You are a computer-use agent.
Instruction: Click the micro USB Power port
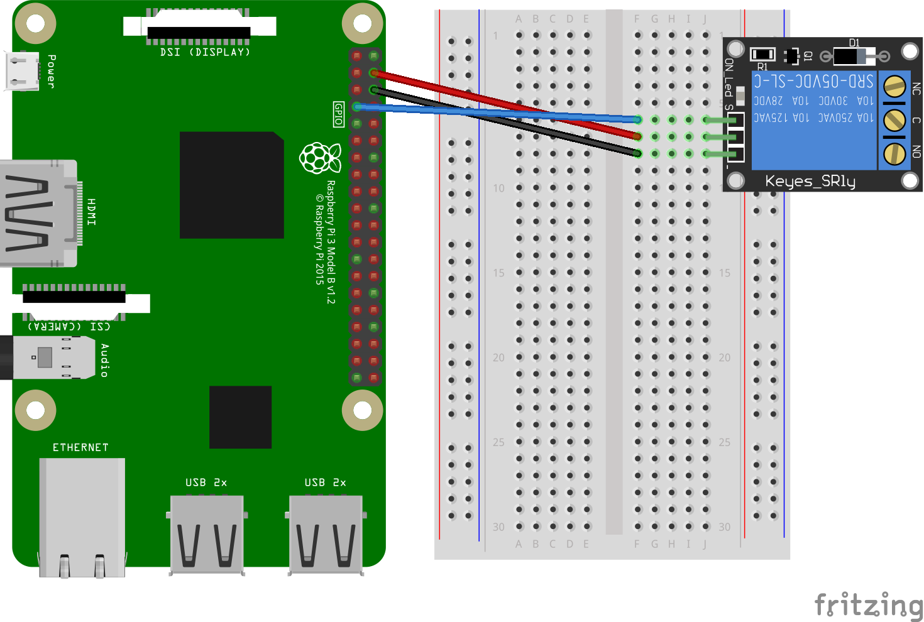point(21,70)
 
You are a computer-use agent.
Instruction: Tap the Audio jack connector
point(50,358)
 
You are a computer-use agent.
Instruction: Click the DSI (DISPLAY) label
point(205,52)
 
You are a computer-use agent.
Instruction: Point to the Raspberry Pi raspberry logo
point(320,158)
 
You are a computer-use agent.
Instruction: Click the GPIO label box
point(339,114)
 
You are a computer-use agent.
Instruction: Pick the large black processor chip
point(231,185)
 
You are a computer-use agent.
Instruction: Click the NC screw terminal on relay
point(894,86)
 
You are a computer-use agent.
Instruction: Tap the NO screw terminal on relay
point(894,153)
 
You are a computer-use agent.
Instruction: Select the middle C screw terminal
point(894,119)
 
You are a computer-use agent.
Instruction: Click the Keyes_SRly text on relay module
point(810,182)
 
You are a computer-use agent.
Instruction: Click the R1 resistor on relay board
point(762,55)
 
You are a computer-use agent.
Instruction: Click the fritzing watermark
point(868,604)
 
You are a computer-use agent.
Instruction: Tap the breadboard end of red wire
point(637,136)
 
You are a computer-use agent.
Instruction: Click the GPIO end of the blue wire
point(357,107)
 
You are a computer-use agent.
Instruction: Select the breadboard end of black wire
point(637,153)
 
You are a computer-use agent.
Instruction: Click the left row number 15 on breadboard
point(498,273)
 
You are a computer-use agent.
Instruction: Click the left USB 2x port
point(207,534)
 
